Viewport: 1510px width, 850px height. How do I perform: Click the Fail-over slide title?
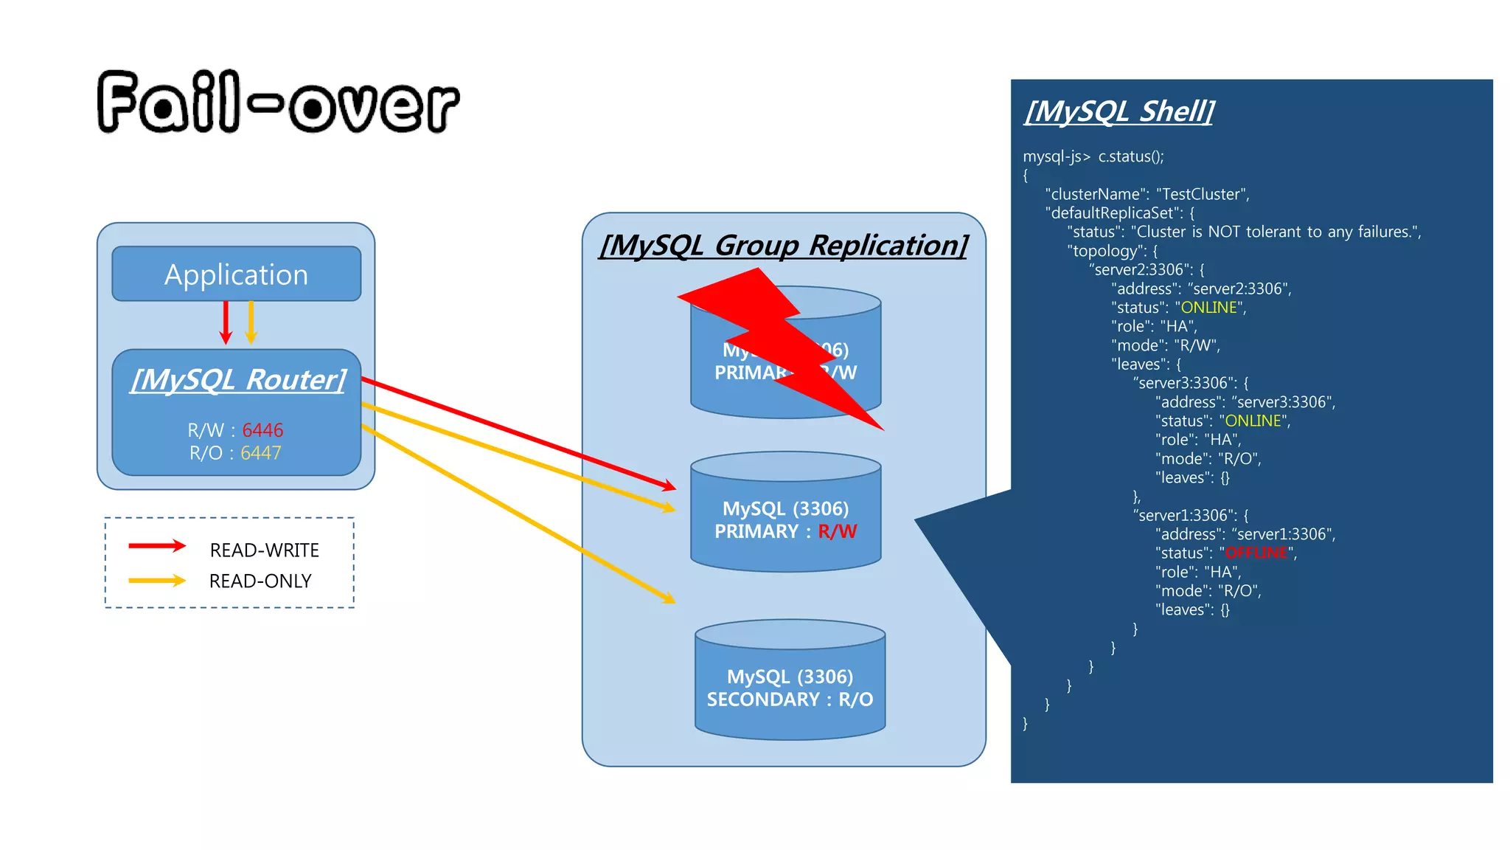click(x=278, y=103)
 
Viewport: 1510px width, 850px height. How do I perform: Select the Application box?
click(x=236, y=274)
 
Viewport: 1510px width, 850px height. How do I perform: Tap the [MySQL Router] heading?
click(x=237, y=380)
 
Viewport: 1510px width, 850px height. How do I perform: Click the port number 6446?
click(x=262, y=430)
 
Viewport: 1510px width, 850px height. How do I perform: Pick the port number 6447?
click(x=260, y=453)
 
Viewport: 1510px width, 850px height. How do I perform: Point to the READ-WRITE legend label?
click(x=264, y=550)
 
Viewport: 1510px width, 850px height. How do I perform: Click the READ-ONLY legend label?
click(x=260, y=581)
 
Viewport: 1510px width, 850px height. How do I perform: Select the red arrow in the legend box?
click(x=156, y=546)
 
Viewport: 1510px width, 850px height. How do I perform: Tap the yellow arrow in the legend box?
click(x=156, y=581)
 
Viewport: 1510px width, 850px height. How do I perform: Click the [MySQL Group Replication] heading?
click(x=783, y=246)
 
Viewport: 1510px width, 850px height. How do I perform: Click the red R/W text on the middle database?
click(x=837, y=531)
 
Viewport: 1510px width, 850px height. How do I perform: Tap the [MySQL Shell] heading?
click(x=1118, y=111)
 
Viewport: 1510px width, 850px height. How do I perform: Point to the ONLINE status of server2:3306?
click(x=1208, y=308)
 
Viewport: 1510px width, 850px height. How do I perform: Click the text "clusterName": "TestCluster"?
click(x=1147, y=194)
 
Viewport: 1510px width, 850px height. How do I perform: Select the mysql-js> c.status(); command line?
click(x=1093, y=156)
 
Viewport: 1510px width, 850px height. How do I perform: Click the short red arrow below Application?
click(x=226, y=322)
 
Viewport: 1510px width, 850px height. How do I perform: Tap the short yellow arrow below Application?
click(x=251, y=322)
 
